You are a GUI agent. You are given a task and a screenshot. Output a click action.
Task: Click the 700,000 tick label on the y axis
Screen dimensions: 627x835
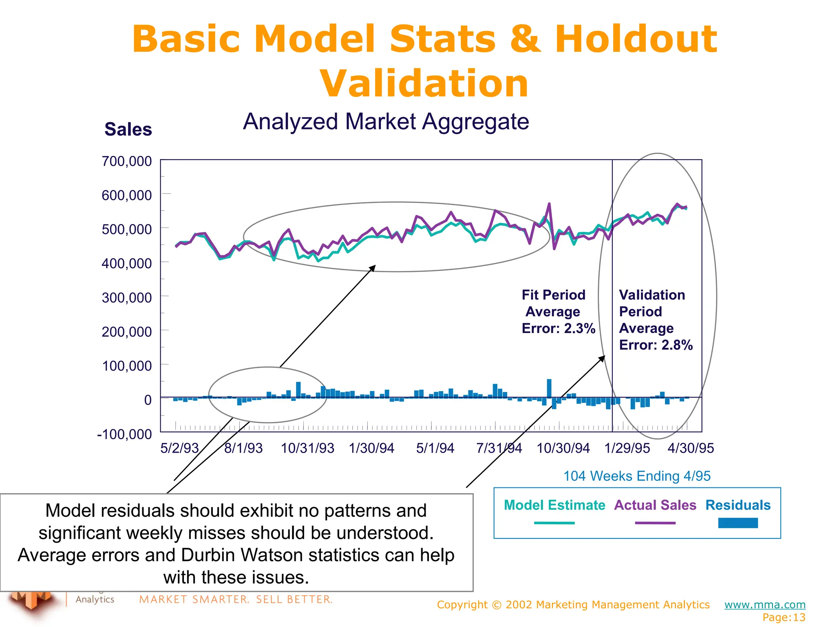[x=126, y=161]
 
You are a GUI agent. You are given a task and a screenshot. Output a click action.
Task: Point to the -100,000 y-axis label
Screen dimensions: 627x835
[x=124, y=434]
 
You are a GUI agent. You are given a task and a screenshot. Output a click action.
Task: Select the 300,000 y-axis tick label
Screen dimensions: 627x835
[x=126, y=298]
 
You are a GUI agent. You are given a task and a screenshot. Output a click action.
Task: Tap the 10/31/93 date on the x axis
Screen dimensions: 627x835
[x=307, y=448]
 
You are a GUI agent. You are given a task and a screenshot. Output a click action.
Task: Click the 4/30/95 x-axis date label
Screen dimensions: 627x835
[x=691, y=448]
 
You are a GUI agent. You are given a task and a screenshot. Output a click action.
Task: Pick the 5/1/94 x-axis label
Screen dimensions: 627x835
[x=435, y=448]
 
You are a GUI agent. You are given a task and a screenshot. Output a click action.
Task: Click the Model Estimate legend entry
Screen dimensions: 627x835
[x=554, y=505]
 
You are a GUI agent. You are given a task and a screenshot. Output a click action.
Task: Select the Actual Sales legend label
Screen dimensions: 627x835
[x=655, y=505]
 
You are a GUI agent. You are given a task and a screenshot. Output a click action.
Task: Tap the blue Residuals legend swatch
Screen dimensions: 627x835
[x=738, y=523]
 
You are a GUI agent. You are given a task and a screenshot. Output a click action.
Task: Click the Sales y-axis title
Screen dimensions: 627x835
[x=128, y=129]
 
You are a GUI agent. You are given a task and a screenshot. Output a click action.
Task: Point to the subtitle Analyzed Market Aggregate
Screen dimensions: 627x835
[x=386, y=122]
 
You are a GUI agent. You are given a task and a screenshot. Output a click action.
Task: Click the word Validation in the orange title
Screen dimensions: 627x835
[x=424, y=84]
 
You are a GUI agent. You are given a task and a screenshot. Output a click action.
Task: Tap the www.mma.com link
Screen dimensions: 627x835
[x=764, y=605]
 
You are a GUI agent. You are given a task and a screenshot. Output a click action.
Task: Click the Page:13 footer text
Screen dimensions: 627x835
[x=784, y=617]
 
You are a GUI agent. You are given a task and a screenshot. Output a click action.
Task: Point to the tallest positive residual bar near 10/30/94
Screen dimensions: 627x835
[x=549, y=388]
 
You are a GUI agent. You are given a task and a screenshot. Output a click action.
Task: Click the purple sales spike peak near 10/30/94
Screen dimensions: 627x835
[x=549, y=204]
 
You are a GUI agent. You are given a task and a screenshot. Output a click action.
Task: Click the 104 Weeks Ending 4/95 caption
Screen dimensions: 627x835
[x=636, y=476]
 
